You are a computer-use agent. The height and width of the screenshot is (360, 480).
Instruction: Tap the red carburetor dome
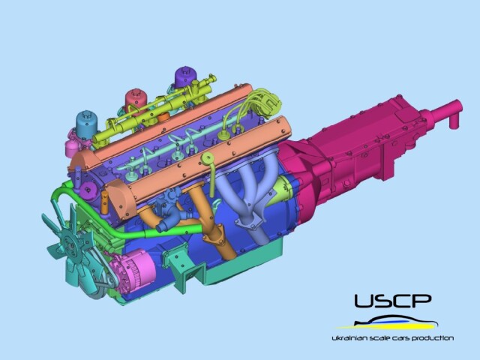[136, 98]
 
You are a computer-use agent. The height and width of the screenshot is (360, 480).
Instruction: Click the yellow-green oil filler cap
[207, 158]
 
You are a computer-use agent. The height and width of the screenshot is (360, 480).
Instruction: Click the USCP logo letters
[393, 301]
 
